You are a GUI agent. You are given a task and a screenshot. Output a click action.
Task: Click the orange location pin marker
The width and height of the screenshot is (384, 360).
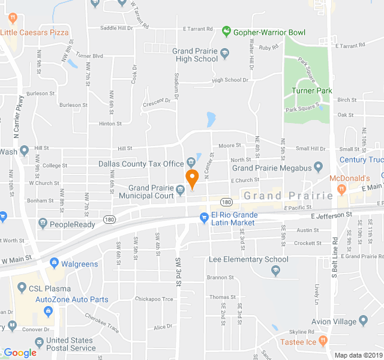192,178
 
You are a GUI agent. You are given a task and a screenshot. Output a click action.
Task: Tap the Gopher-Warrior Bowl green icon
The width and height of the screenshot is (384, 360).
226,31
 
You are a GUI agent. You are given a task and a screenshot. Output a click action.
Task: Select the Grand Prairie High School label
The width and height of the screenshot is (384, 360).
195,55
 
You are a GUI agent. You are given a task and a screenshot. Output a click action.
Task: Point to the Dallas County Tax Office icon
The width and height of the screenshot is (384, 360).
190,162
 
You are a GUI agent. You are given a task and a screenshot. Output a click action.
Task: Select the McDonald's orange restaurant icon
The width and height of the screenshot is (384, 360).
341,190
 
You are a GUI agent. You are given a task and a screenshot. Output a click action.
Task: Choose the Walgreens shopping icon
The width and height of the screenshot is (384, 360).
54,263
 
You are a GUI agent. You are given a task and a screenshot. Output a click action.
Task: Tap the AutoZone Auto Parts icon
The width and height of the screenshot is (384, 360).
48,310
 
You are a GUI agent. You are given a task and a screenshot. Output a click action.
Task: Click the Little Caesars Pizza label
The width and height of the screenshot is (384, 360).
34,32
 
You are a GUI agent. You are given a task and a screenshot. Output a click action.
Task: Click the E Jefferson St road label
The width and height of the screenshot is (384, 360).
332,215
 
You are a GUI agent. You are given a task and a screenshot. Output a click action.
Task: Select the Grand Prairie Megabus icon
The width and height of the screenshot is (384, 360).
319,167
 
